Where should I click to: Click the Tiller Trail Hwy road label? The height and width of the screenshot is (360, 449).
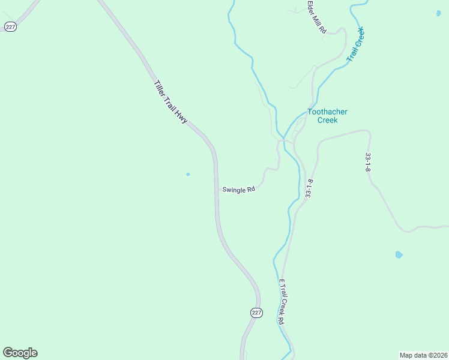click(x=171, y=102)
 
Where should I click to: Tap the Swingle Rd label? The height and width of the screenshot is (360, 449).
click(x=239, y=189)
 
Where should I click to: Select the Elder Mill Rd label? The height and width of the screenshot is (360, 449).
click(x=316, y=16)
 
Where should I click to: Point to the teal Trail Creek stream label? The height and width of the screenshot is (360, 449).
click(x=356, y=43)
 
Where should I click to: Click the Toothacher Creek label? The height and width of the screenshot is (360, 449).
click(x=327, y=116)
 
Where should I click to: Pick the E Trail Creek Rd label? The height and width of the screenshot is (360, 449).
click(x=281, y=302)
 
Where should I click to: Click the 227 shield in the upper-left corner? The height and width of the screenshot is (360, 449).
click(x=10, y=26)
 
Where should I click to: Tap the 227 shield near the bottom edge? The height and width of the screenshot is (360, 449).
click(x=256, y=313)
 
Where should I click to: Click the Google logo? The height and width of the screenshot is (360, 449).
click(x=20, y=353)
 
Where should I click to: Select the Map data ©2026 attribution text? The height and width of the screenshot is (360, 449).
click(x=423, y=355)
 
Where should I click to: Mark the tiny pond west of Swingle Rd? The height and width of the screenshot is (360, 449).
click(x=188, y=175)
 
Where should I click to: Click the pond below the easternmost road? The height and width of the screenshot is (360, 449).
click(x=399, y=255)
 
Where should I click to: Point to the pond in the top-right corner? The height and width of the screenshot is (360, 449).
click(x=438, y=13)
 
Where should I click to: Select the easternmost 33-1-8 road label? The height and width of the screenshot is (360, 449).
click(x=368, y=162)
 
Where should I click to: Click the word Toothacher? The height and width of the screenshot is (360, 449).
click(x=327, y=112)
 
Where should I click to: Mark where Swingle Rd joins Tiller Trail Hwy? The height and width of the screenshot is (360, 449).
click(x=217, y=189)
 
